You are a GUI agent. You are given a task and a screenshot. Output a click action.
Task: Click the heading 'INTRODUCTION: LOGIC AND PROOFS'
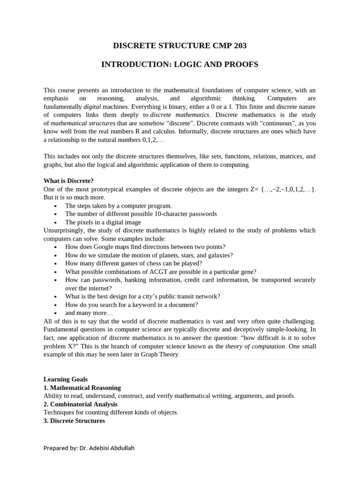(180, 64)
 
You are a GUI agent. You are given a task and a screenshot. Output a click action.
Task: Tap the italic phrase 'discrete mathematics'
(180, 115)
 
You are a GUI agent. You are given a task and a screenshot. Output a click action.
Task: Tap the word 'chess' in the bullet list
(158, 263)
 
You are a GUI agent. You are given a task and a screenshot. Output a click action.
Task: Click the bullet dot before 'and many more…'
(55, 313)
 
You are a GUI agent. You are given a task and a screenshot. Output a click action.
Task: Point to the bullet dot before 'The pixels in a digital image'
(55, 223)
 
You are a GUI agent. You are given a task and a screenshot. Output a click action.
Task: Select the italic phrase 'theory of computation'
(255, 346)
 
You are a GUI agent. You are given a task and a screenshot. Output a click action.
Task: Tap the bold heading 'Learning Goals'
(66, 379)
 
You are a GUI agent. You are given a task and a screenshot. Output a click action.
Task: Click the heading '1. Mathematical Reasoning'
(82, 388)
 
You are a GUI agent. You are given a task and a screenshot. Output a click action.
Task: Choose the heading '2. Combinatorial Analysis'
(81, 404)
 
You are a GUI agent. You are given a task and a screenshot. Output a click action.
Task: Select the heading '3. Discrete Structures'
(74, 420)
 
